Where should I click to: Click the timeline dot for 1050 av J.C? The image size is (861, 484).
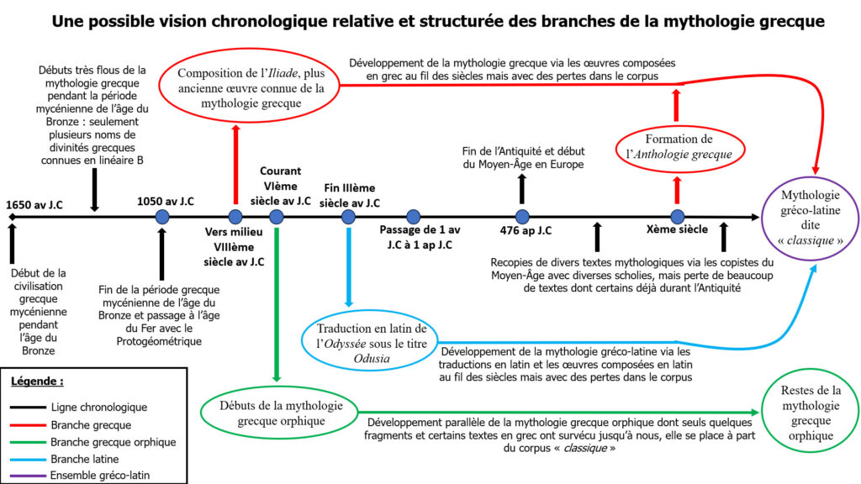(x=163, y=217)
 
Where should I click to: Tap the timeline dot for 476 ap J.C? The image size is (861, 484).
(x=522, y=217)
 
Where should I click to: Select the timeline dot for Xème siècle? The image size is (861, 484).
(x=677, y=217)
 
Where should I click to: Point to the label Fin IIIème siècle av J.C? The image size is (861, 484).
(x=349, y=195)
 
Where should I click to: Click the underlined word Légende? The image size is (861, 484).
(x=37, y=381)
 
